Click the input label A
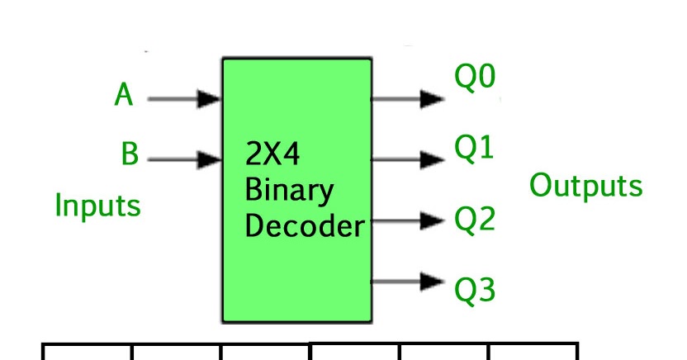[124, 95]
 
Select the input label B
[129, 154]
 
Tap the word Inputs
[97, 206]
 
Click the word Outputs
[585, 186]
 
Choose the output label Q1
[474, 149]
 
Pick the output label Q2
[474, 220]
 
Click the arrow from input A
[183, 100]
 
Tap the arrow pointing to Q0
[409, 99]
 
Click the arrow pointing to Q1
[409, 158]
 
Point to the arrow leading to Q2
[409, 220]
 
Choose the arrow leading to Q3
[409, 281]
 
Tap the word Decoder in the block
[305, 225]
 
